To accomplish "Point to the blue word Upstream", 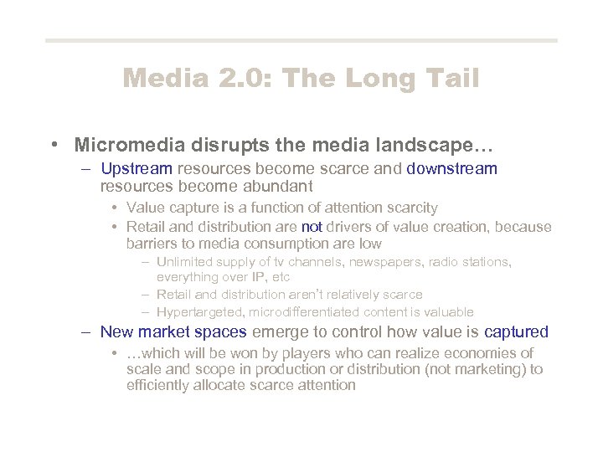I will click(x=136, y=169).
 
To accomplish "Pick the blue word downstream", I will click(x=451, y=169).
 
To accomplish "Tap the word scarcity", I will click(x=408, y=208).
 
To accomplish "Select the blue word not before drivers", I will click(x=312, y=227).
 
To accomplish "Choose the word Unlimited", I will click(x=186, y=262).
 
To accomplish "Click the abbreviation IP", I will click(x=256, y=277).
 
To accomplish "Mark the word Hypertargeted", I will click(x=198, y=311).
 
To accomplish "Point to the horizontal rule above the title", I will click(x=301, y=40).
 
